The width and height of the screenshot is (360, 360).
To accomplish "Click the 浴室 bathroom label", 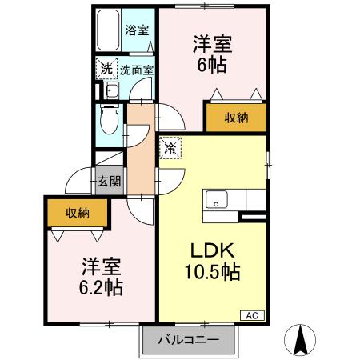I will pyautogui.click(x=138, y=31).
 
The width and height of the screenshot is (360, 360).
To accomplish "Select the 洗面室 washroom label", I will pyautogui.click(x=137, y=69).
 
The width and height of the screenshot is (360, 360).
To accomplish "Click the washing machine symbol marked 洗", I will pyautogui.click(x=106, y=69).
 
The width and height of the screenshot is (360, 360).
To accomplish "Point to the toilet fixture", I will pyautogui.click(x=110, y=120).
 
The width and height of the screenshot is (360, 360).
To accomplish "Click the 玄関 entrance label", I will pyautogui.click(x=110, y=181).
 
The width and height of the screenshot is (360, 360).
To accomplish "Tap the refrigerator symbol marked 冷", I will pyautogui.click(x=171, y=149).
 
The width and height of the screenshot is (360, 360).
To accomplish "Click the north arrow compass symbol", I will pyautogui.click(x=302, y=339).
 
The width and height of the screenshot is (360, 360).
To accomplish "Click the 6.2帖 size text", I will pyautogui.click(x=101, y=286).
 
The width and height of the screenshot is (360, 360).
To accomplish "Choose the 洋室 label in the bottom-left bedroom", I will pyautogui.click(x=101, y=265).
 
